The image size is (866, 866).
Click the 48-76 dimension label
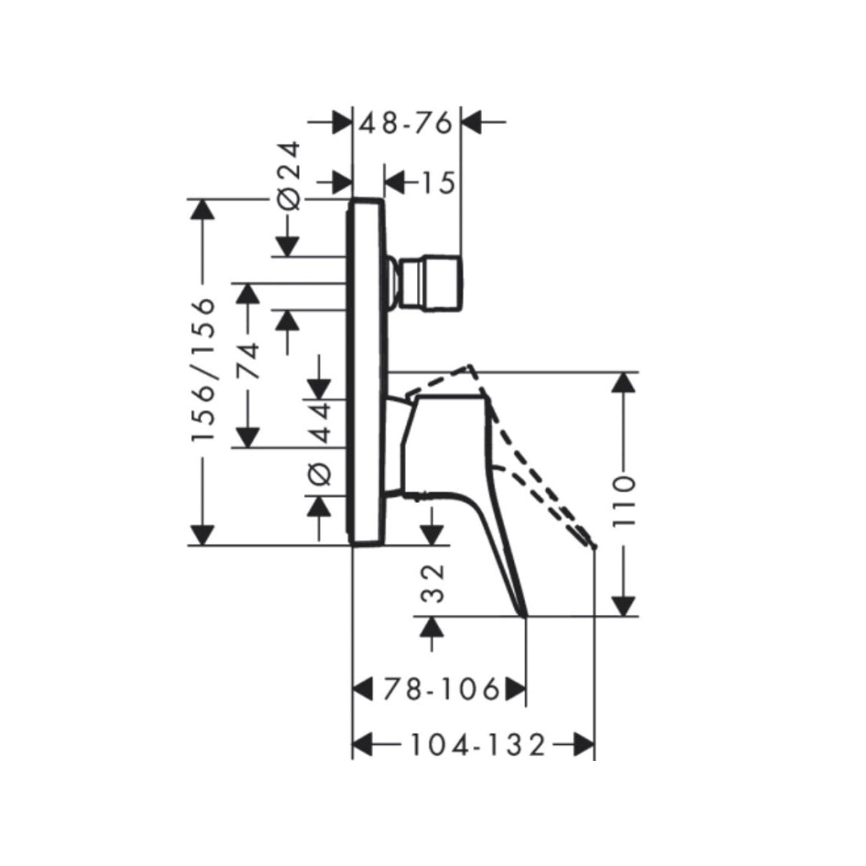pyautogui.click(x=407, y=123)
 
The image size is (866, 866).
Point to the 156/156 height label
pyautogui.click(x=204, y=370)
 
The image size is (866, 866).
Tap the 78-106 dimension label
pyautogui.click(x=440, y=689)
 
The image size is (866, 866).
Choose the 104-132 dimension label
pyautogui.click(x=478, y=745)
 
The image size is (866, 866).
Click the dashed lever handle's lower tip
pyautogui.click(x=594, y=545)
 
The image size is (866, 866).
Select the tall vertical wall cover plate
pyautogui.click(x=367, y=372)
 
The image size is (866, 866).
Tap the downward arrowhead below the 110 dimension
pyautogui.click(x=624, y=605)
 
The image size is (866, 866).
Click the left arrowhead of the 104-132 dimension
pyautogui.click(x=363, y=745)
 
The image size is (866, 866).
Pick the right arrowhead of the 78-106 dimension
pyautogui.click(x=515, y=689)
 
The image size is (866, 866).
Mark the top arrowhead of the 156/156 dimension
pyautogui.click(x=202, y=208)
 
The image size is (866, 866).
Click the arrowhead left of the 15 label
pyautogui.click(x=394, y=184)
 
